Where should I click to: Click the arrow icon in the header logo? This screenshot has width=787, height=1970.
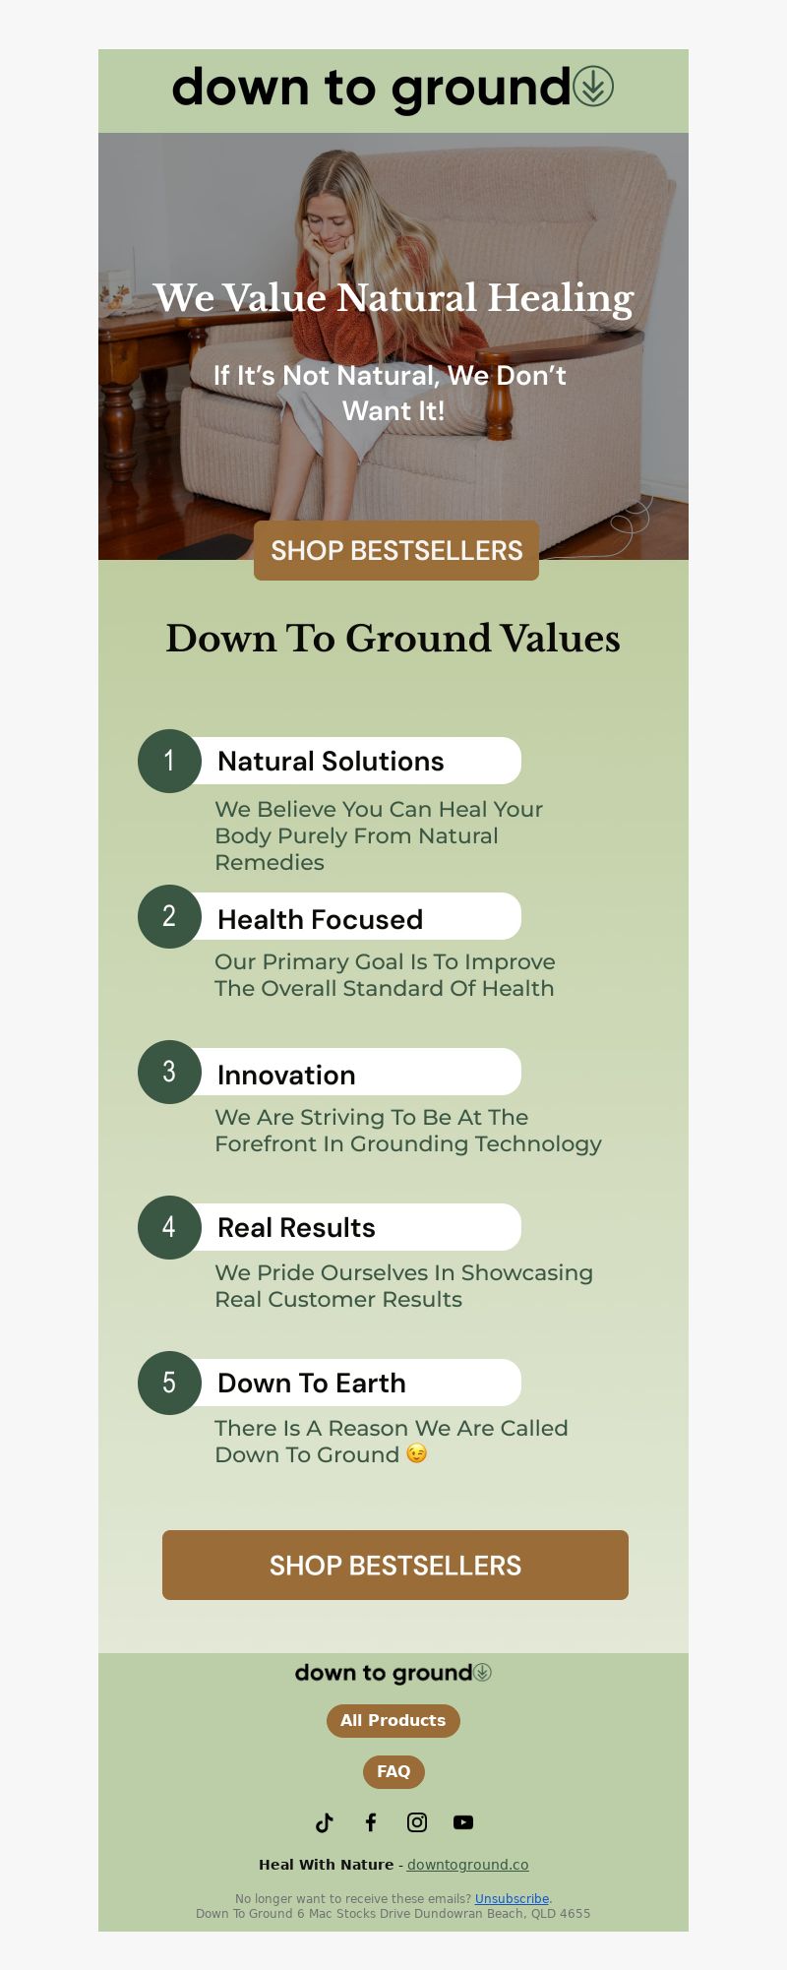[593, 87]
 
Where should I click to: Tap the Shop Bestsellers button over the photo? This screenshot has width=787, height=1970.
[396, 550]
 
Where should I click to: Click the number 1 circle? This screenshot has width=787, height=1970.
[169, 761]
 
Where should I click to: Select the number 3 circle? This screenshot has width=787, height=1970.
[169, 1072]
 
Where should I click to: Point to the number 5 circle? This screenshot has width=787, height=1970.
[169, 1383]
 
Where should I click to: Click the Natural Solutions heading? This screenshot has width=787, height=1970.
[331, 761]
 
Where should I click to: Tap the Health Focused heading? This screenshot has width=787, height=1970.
[320, 919]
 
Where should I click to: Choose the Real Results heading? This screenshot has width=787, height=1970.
[296, 1227]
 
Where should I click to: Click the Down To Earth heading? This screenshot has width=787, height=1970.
[311, 1383]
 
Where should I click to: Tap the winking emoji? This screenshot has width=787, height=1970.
[417, 1453]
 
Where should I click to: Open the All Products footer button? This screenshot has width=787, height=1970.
[393, 1720]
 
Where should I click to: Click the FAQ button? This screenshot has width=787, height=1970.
[393, 1771]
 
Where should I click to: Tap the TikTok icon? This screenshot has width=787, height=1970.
[325, 1822]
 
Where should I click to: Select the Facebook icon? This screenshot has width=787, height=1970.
[371, 1822]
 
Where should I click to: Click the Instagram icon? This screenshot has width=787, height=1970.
[417, 1822]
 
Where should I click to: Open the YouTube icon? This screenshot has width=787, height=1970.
[463, 1822]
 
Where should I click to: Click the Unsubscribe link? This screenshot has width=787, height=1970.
[512, 1898]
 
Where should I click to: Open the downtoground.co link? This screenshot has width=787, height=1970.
[468, 1864]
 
